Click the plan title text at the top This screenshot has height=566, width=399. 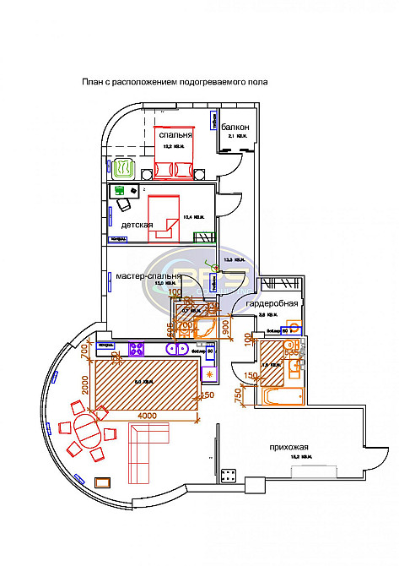pyautogui.click(x=174, y=82)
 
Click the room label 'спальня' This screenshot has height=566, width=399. pyautogui.click(x=175, y=134)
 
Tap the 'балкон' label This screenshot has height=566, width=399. pyautogui.click(x=236, y=127)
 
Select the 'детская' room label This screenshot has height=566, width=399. pyautogui.click(x=137, y=225)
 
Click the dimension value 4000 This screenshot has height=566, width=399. pyautogui.click(x=148, y=415)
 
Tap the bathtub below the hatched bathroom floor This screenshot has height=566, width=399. pyautogui.click(x=274, y=396)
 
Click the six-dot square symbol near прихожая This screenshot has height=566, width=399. pyautogui.click(x=228, y=475)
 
